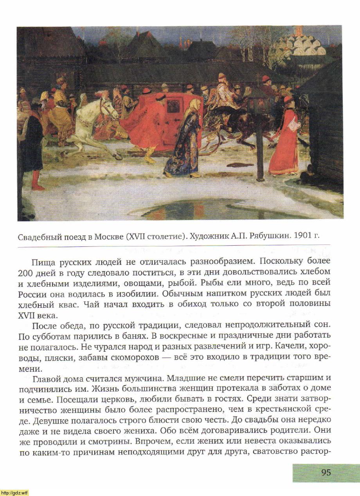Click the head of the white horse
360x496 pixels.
[x=108, y=106]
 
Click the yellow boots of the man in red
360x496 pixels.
[x=150, y=156]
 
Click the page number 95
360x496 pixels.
[x=326, y=472]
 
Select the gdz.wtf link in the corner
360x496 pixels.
[x=14, y=492]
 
